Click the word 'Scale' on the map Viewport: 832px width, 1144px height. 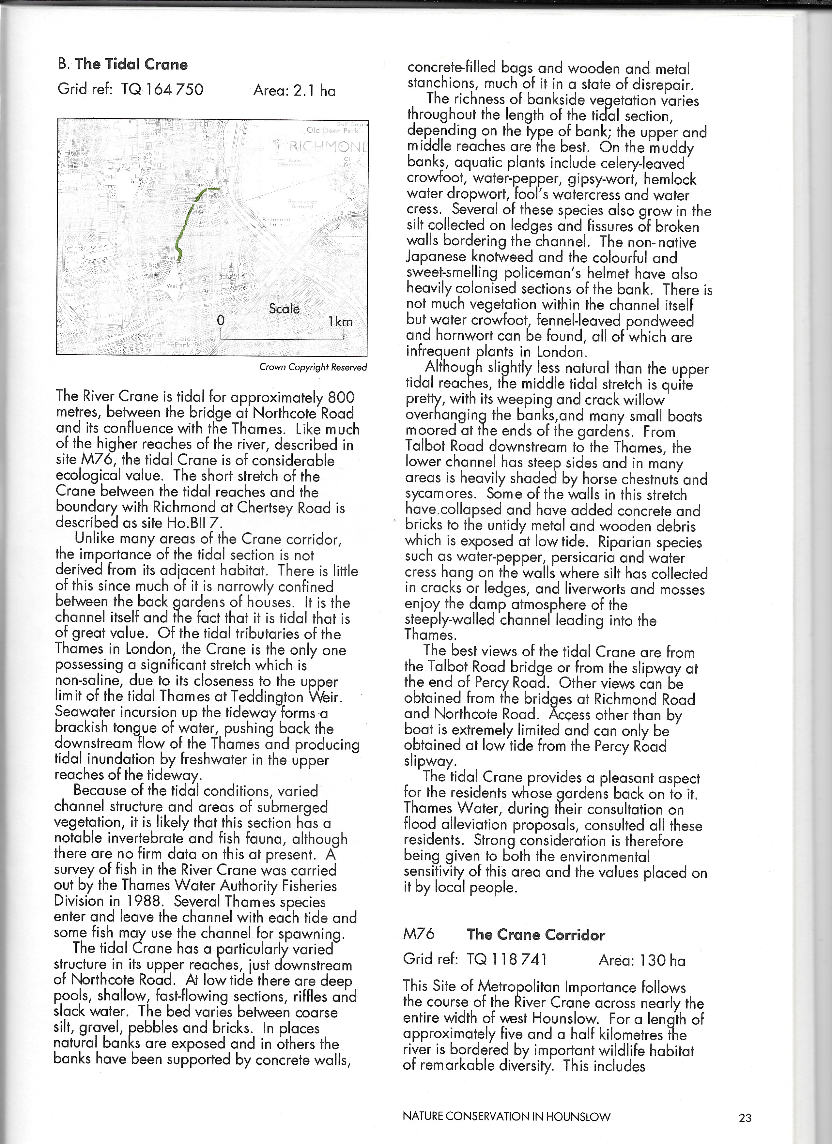point(284,309)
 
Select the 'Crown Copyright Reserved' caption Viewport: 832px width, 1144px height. point(313,367)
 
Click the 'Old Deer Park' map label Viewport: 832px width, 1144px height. point(332,130)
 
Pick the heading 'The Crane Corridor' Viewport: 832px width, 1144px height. point(536,935)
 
